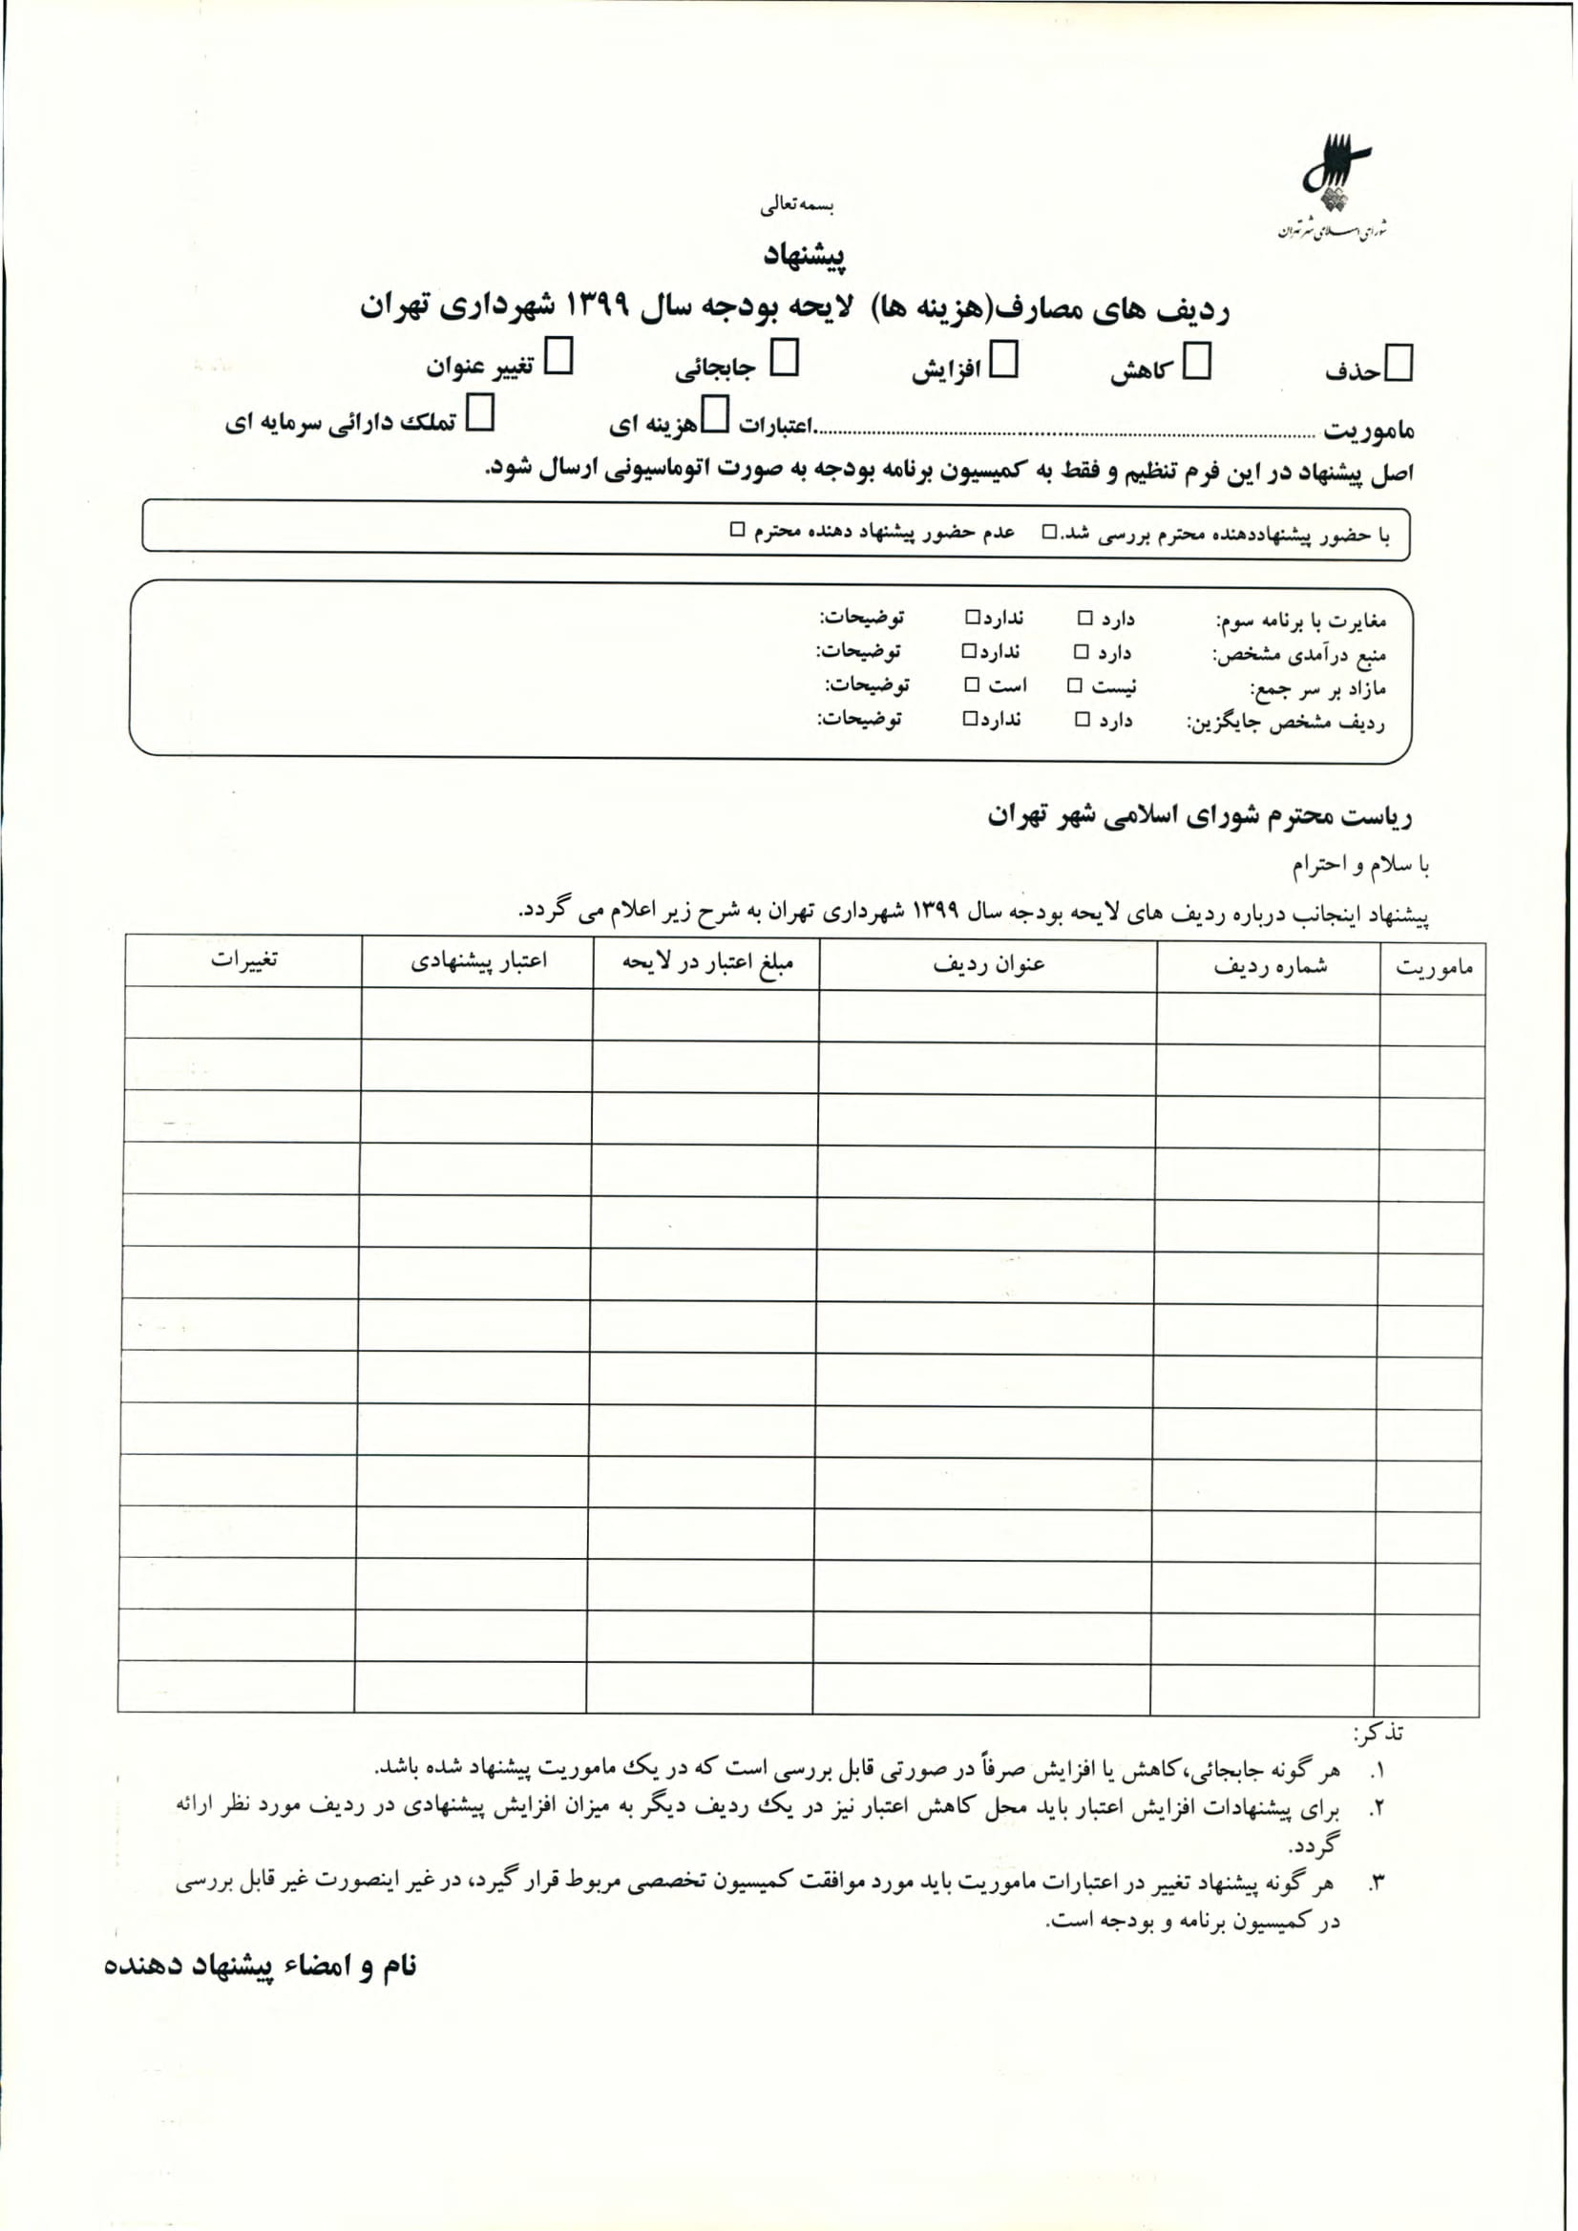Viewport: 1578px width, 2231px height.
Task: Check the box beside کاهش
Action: pos(1197,362)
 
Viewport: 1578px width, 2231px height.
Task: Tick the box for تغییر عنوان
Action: pos(558,357)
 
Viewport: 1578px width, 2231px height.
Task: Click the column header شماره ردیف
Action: pos(1270,966)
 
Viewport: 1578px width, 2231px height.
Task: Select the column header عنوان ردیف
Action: pos(989,964)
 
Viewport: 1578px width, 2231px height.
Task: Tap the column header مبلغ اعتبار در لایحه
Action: pos(707,962)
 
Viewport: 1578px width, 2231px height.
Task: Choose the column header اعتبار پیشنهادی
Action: pos(478,961)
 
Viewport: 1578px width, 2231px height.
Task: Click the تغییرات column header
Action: pos(243,959)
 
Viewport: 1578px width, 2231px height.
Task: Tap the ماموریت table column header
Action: pos(1434,968)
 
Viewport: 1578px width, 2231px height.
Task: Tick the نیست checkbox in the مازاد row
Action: pos(1075,686)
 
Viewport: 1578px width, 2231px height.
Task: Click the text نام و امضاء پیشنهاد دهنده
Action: pos(261,1966)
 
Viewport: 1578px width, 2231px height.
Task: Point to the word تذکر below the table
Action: pos(1378,1733)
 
